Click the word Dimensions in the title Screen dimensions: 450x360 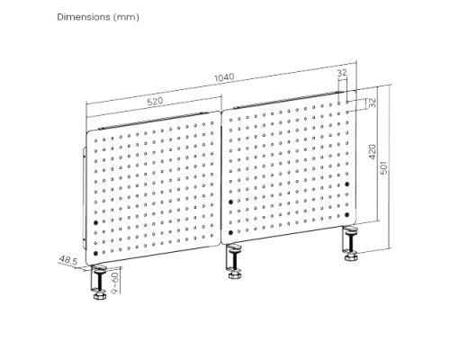84,17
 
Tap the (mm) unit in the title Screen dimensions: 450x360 126,17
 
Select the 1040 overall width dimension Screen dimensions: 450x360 224,77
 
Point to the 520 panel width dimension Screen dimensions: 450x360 155,101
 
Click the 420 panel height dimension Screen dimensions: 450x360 372,152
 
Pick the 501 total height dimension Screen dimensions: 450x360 383,167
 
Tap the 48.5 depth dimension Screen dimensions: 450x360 68,260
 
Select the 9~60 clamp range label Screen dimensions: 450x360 115,283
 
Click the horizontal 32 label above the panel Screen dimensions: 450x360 342,72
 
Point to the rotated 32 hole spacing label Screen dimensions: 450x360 372,103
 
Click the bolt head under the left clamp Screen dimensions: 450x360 100,297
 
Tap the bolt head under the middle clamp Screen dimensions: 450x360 235,275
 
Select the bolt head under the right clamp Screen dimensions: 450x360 350,257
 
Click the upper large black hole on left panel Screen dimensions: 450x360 95,222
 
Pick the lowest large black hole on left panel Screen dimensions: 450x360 95,253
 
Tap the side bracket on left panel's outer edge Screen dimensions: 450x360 84,198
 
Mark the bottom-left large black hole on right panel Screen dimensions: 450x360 230,232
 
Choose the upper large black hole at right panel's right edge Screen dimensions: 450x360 347,184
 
